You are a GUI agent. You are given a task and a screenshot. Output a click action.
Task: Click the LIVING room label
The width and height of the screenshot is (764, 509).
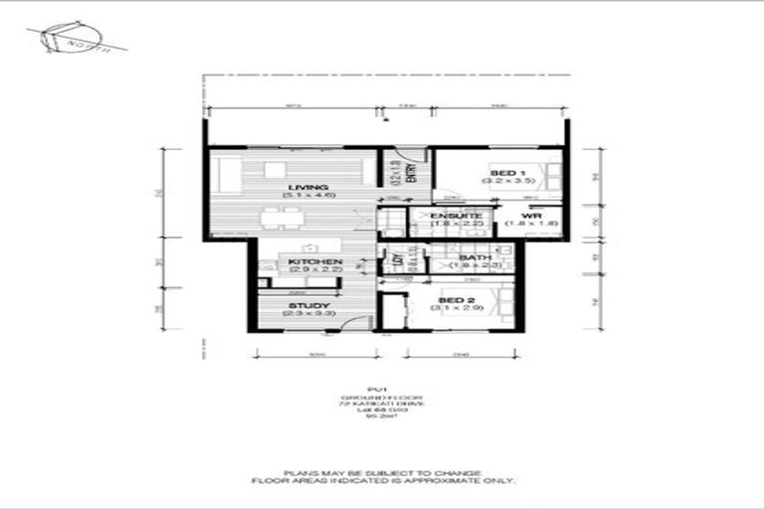(x=300, y=187)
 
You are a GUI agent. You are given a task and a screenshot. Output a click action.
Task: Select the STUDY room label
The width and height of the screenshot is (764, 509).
(x=309, y=305)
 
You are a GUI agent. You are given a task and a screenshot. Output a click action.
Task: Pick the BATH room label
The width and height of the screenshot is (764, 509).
(x=474, y=257)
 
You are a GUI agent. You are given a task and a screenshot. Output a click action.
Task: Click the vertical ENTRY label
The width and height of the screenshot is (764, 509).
(x=409, y=175)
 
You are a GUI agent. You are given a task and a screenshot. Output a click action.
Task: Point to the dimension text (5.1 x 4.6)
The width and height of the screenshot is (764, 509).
(x=300, y=196)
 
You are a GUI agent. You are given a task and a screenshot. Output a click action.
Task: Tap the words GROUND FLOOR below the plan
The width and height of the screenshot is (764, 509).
(x=381, y=397)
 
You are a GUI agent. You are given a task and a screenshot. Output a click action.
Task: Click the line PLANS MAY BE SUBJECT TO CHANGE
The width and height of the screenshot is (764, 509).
(x=382, y=472)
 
